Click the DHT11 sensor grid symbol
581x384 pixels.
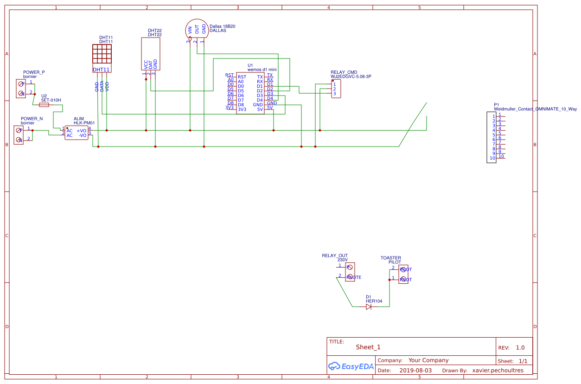[102, 54]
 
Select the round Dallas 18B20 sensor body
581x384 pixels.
[197, 29]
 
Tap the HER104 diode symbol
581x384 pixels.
[369, 307]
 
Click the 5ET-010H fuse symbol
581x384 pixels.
[45, 105]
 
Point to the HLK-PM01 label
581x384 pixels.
[84, 123]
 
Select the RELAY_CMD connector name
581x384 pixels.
[344, 72]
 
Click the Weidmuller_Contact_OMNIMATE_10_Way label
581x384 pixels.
[535, 109]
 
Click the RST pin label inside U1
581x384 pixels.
[242, 77]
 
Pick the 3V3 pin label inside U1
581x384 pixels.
[242, 109]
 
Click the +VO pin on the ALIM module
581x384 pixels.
[82, 131]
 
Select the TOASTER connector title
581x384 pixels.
[391, 258]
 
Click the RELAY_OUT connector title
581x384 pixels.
[335, 256]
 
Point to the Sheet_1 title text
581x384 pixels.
[368, 347]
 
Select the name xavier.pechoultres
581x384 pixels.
[498, 371]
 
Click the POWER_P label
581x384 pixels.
[34, 72]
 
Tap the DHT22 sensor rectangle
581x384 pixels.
[151, 53]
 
